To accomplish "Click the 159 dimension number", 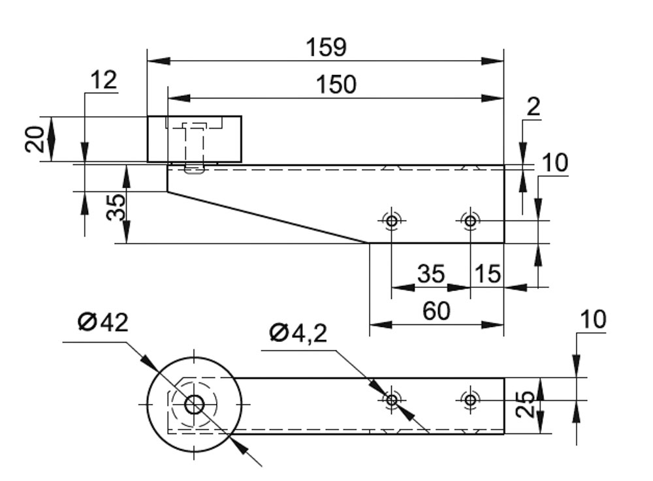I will click(326, 47).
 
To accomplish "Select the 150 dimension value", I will click(336, 85).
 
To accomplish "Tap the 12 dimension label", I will click(103, 80).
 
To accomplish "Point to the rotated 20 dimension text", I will click(36, 138).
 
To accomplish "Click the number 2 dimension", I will click(534, 106).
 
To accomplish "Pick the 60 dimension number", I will click(436, 312).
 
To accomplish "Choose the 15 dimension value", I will click(488, 274).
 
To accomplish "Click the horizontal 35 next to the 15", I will click(430, 274).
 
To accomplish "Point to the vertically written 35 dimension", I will click(117, 208).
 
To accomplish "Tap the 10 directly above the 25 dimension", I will click(594, 320).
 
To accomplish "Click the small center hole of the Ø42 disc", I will click(194, 405).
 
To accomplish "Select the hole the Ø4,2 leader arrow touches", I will click(391, 399).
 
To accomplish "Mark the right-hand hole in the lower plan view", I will click(470, 399).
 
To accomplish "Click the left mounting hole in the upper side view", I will click(391, 221).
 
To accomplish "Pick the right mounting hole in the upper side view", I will click(470, 221).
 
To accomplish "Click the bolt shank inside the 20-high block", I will click(193, 147).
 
